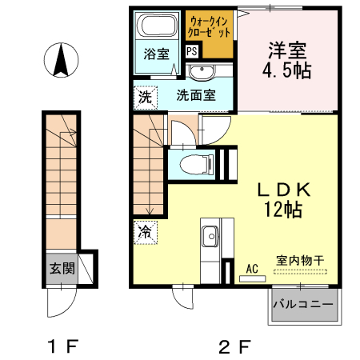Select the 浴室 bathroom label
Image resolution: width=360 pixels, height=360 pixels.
tap(156, 54)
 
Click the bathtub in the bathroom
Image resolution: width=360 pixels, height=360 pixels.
tap(157, 26)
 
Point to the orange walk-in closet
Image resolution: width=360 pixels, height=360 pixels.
tap(210, 33)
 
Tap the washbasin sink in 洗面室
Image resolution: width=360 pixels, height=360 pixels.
tap(201, 74)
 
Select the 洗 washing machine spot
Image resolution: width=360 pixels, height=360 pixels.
tap(144, 98)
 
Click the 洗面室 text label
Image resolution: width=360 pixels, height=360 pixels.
tap(195, 95)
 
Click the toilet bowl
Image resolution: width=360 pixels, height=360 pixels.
tap(192, 165)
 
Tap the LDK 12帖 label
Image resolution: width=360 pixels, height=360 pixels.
tap(277, 200)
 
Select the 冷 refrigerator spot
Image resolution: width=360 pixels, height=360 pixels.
tap(145, 233)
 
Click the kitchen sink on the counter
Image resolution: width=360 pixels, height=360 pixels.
tap(211, 236)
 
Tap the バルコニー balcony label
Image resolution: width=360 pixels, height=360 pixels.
tap(305, 305)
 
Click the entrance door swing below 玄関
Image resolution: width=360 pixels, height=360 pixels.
tap(61, 302)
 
